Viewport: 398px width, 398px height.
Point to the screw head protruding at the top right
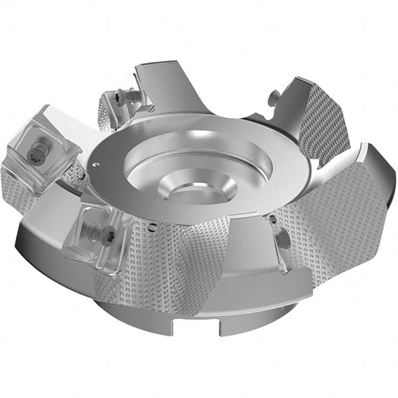273,98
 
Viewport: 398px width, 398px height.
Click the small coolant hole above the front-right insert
272,218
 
